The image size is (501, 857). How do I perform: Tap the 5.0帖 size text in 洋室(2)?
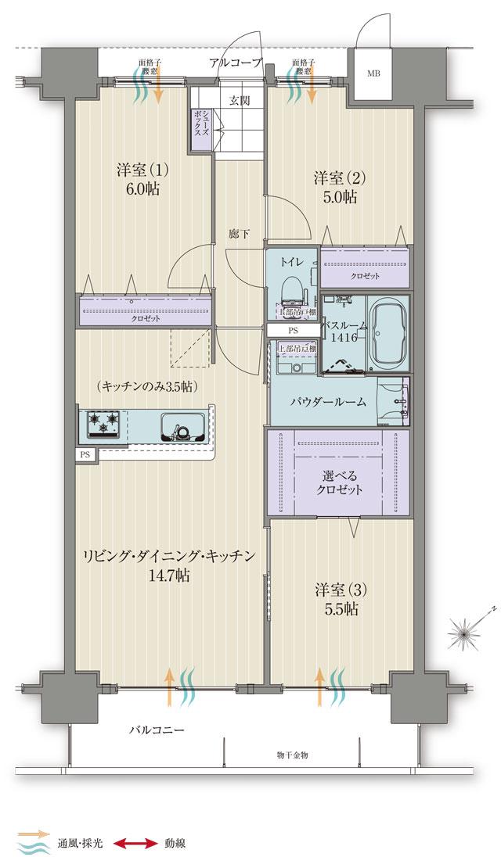point(341,198)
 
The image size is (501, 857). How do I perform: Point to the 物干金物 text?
point(293,755)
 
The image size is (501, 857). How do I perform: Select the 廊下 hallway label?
point(240,233)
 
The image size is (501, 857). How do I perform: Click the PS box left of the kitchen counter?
point(83,454)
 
